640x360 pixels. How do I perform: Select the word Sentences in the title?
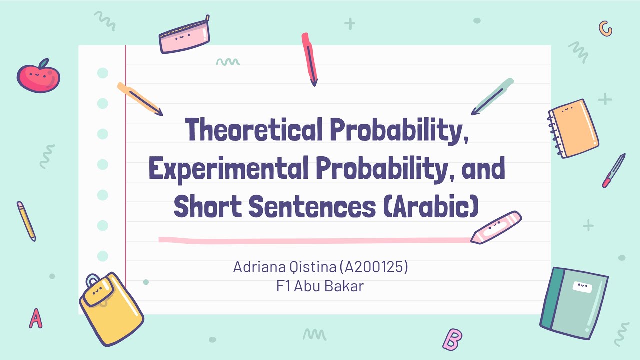coord(312,207)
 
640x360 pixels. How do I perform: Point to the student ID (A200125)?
coord(374,267)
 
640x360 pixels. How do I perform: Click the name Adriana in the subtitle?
coord(258,267)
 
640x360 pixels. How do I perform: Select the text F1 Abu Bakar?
coord(320,287)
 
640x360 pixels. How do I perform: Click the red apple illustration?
coord(38,76)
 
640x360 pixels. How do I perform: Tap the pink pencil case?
coord(184,35)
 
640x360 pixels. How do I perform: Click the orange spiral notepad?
coord(574,128)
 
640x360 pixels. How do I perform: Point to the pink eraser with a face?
coord(496,227)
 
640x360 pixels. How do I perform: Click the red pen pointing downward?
coord(309,59)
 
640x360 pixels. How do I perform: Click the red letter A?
coord(35,318)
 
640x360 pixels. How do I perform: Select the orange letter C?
coord(606,29)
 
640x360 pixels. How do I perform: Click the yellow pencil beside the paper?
coord(26,221)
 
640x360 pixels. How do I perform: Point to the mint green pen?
coord(493,96)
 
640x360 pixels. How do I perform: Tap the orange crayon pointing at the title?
coord(139,99)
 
